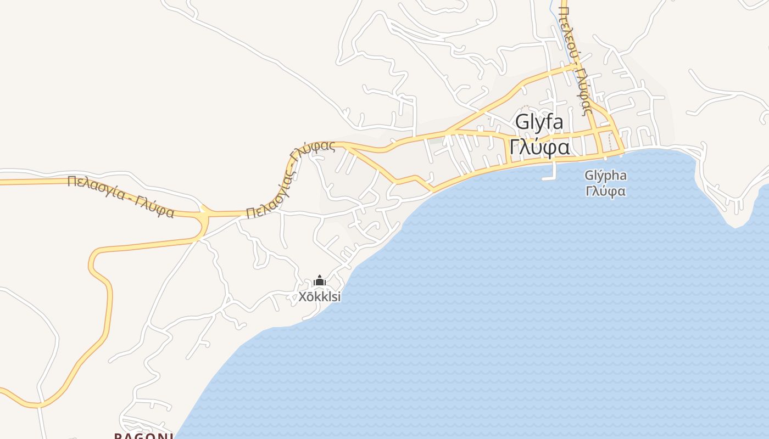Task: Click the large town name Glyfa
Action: pos(539,123)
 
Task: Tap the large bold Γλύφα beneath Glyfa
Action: pos(539,148)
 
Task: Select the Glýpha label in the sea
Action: pos(605,176)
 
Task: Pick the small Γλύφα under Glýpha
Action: pos(605,192)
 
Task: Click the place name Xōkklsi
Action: pos(319,297)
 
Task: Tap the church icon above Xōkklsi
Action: pos(319,282)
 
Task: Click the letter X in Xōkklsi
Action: pos(302,297)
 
